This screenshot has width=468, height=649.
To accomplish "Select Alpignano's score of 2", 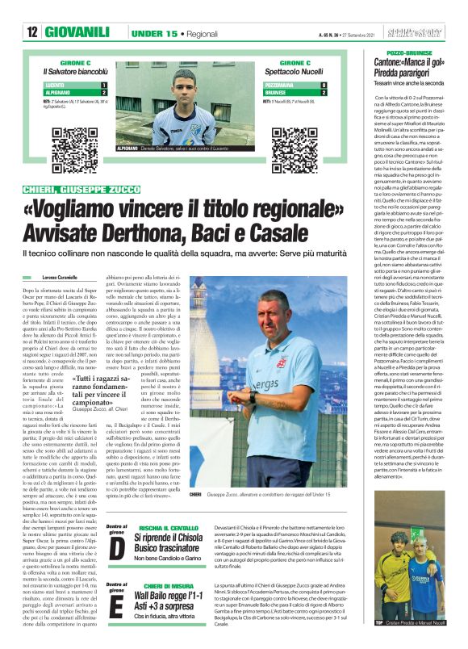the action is [x=104, y=92].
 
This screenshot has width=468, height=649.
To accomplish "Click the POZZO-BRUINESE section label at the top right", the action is [x=403, y=52].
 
